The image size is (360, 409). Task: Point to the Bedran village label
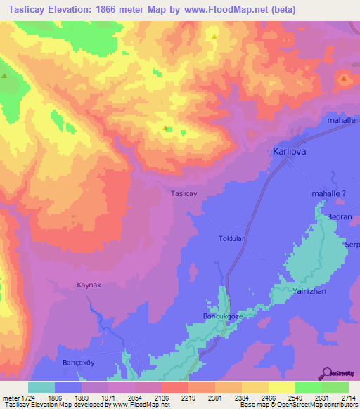[x=340, y=218]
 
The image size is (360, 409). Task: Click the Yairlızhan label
[x=312, y=290]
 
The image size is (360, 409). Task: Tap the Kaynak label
[x=90, y=285]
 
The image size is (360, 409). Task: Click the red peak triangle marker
[x=343, y=79]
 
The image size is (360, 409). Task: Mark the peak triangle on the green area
[x=4, y=75]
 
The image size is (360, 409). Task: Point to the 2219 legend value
[x=188, y=398]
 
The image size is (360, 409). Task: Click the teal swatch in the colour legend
[x=41, y=387]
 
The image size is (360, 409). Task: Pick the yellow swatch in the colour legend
[x=281, y=387]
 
